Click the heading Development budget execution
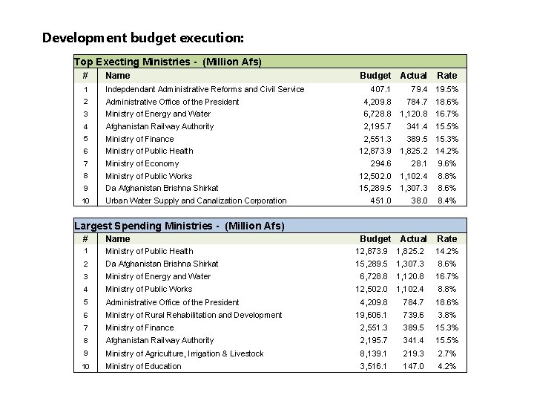point(142,37)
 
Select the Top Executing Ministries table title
point(168,62)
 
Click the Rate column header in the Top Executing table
point(447,75)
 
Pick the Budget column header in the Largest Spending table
point(375,239)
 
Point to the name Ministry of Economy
point(142,163)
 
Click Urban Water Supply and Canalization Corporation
point(196,200)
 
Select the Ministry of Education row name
point(143,366)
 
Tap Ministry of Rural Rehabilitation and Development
point(194,315)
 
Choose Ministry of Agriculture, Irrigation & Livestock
point(184,353)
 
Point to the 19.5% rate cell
point(446,89)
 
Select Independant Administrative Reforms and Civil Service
point(205,89)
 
